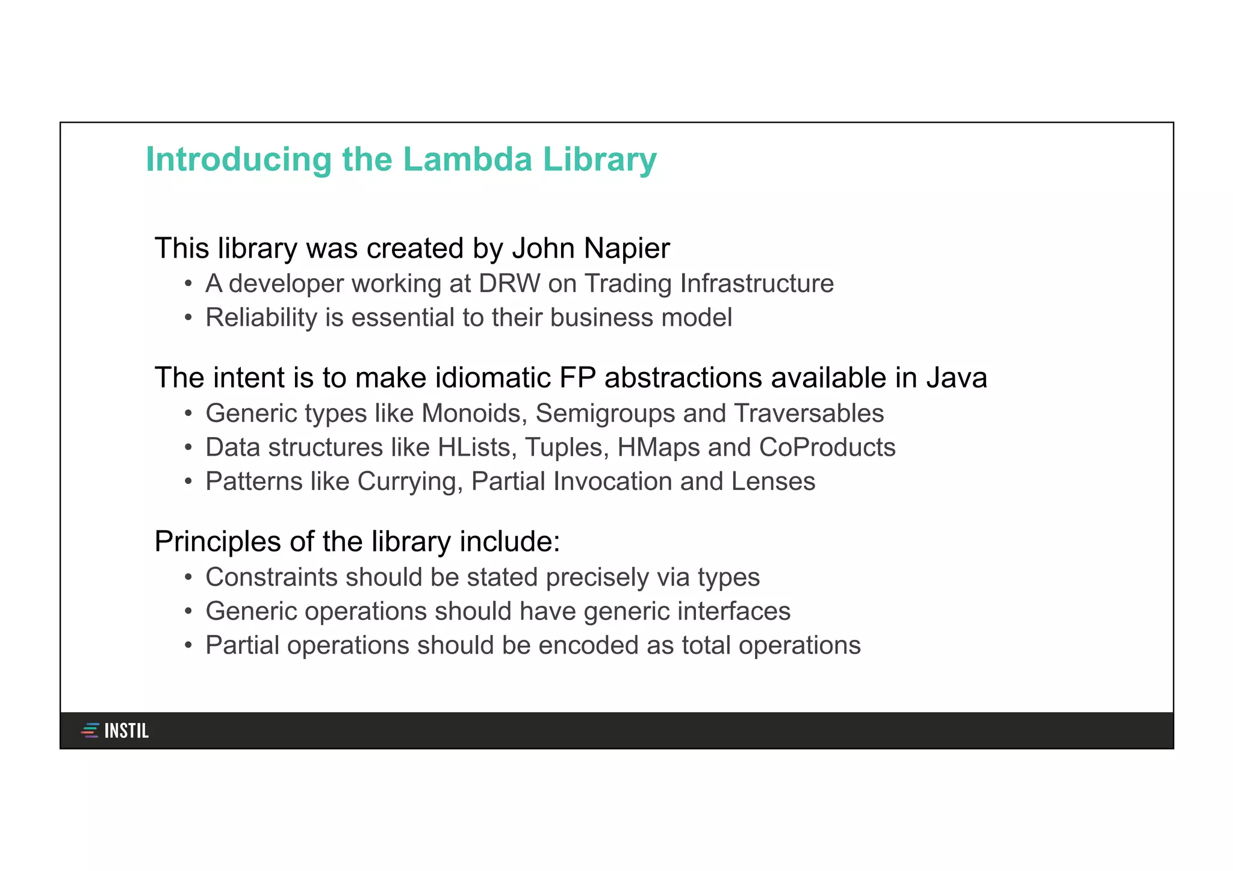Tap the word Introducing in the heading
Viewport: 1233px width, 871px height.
click(238, 161)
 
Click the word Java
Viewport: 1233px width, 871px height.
click(956, 378)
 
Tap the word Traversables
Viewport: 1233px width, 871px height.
click(809, 414)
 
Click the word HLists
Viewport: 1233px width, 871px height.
click(477, 448)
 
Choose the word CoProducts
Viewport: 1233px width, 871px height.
click(827, 447)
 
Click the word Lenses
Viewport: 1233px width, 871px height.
click(773, 482)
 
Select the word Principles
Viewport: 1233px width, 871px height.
click(218, 542)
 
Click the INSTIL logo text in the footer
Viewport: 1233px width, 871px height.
click(126, 731)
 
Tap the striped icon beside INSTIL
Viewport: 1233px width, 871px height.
click(90, 731)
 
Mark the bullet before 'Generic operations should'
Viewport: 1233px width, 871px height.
click(188, 612)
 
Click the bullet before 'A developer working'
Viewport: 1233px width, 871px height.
click(188, 284)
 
